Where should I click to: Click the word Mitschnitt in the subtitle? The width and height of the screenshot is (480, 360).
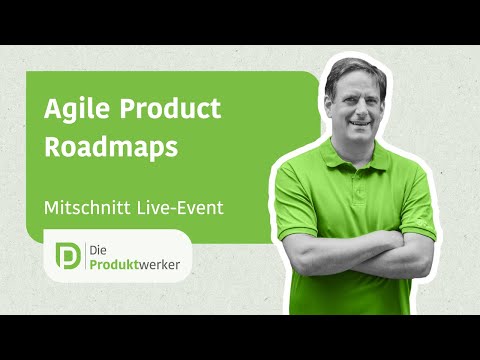tap(88, 210)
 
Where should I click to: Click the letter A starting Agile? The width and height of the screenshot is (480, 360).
tap(52, 110)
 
